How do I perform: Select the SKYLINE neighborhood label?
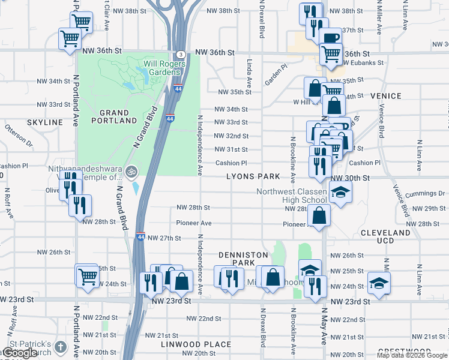(x=45, y=122)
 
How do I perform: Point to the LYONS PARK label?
(x=253, y=176)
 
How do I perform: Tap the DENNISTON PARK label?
(x=243, y=259)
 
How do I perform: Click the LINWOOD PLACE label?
(x=196, y=344)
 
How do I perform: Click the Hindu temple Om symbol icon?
(x=131, y=172)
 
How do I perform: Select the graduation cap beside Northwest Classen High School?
(x=340, y=193)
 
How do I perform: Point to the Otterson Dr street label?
(x=17, y=135)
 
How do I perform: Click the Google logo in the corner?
(x=20, y=353)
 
